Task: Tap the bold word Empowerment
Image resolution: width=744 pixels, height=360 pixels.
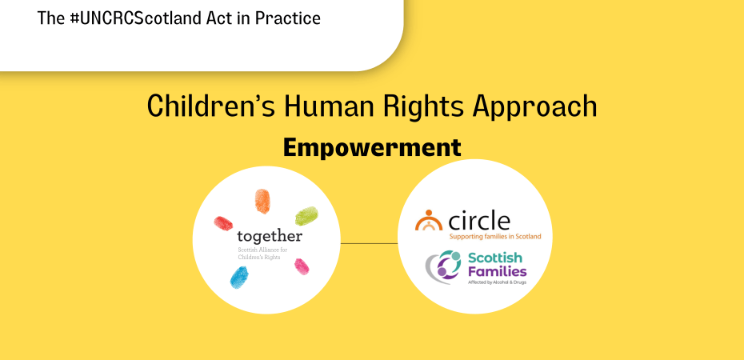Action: [372, 148]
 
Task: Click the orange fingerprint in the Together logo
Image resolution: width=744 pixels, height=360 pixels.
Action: [262, 202]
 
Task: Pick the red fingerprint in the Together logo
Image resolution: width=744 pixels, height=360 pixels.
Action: [223, 221]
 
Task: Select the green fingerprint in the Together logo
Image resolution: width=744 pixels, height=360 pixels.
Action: [306, 215]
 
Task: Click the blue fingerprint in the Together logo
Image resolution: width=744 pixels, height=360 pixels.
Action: [239, 277]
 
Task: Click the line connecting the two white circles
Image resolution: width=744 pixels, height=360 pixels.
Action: [369, 243]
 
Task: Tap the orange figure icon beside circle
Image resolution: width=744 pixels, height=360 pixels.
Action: [429, 221]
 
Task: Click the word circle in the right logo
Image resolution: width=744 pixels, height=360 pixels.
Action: [478, 219]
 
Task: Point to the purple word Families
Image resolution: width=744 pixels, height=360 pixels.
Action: [497, 271]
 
